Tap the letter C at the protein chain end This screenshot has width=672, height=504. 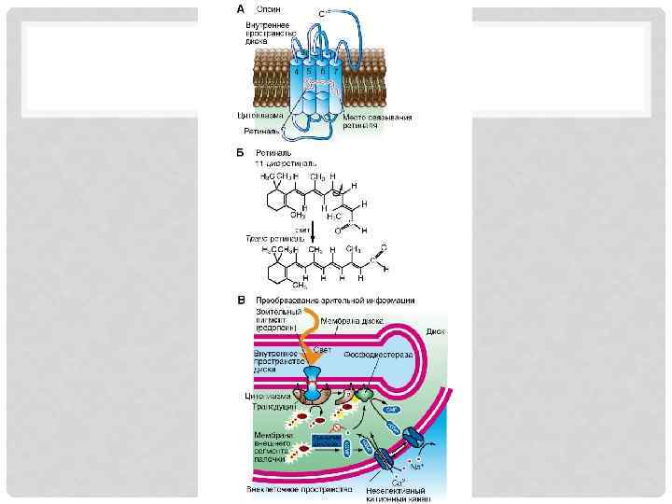click(321, 13)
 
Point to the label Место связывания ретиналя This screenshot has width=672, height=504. click(377, 121)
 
